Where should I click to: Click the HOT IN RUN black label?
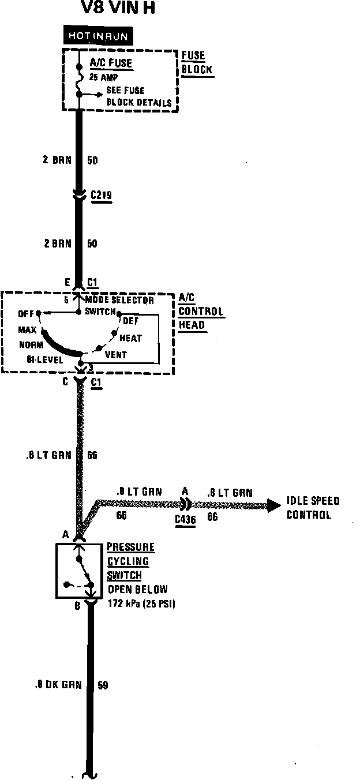pos(97,36)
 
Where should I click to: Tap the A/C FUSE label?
pos(111,63)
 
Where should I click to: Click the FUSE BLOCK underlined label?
pos(196,63)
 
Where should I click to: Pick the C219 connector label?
pos(101,196)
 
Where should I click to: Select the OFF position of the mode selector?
pos(26,314)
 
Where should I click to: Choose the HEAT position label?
pos(130,338)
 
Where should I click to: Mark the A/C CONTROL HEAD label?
pos(200,312)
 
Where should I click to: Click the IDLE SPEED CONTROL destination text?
pos(313,508)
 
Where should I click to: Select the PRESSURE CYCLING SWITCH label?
pos(130,561)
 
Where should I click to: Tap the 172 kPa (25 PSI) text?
pos(141,603)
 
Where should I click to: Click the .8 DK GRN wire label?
pos(57,685)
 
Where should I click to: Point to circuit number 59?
pos(103,685)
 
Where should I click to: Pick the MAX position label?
pos(28,330)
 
